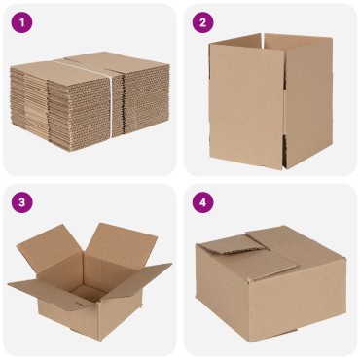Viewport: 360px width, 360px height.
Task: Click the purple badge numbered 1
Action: point(21,21)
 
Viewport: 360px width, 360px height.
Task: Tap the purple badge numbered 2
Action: point(202,21)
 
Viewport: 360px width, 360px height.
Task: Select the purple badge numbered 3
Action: point(21,202)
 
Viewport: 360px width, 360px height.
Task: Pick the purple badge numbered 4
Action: point(202,202)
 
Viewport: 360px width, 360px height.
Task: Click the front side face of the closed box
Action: point(234,297)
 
